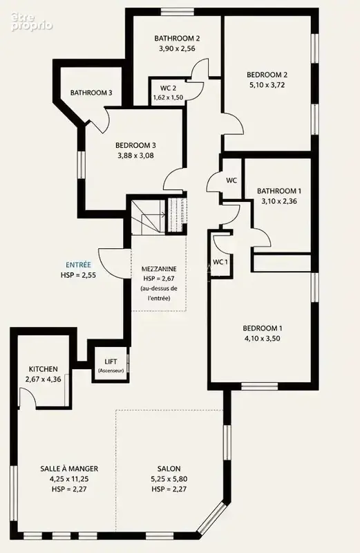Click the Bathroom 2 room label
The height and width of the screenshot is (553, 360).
pyautogui.click(x=177, y=38)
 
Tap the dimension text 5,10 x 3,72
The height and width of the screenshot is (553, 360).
pyautogui.click(x=267, y=84)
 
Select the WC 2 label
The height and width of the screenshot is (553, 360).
pyautogui.click(x=168, y=88)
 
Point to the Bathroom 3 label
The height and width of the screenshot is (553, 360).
pyautogui.click(x=91, y=93)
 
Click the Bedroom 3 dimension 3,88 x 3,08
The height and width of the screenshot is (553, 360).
pyautogui.click(x=135, y=155)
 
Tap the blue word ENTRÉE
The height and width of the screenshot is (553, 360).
pyautogui.click(x=78, y=265)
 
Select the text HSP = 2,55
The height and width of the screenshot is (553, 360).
pyautogui.click(x=78, y=275)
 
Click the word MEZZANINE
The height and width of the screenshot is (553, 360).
pyautogui.click(x=159, y=269)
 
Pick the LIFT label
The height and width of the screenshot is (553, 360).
pyautogui.click(x=111, y=362)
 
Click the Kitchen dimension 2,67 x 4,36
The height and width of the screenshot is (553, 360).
pyautogui.click(x=43, y=379)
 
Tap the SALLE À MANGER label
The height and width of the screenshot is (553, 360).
pyautogui.click(x=69, y=469)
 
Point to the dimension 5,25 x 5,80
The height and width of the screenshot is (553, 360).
pyautogui.click(x=169, y=479)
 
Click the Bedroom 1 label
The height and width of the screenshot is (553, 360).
pyautogui.click(x=263, y=328)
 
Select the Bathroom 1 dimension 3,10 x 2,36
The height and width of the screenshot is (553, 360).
pyautogui.click(x=279, y=201)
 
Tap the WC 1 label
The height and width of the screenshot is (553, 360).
pyautogui.click(x=220, y=262)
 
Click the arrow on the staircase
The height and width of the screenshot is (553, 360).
pyautogui.click(x=153, y=214)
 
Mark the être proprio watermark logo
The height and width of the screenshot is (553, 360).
pyautogui.click(x=32, y=22)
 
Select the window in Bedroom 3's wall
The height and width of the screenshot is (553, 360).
pyautogui.click(x=82, y=165)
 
